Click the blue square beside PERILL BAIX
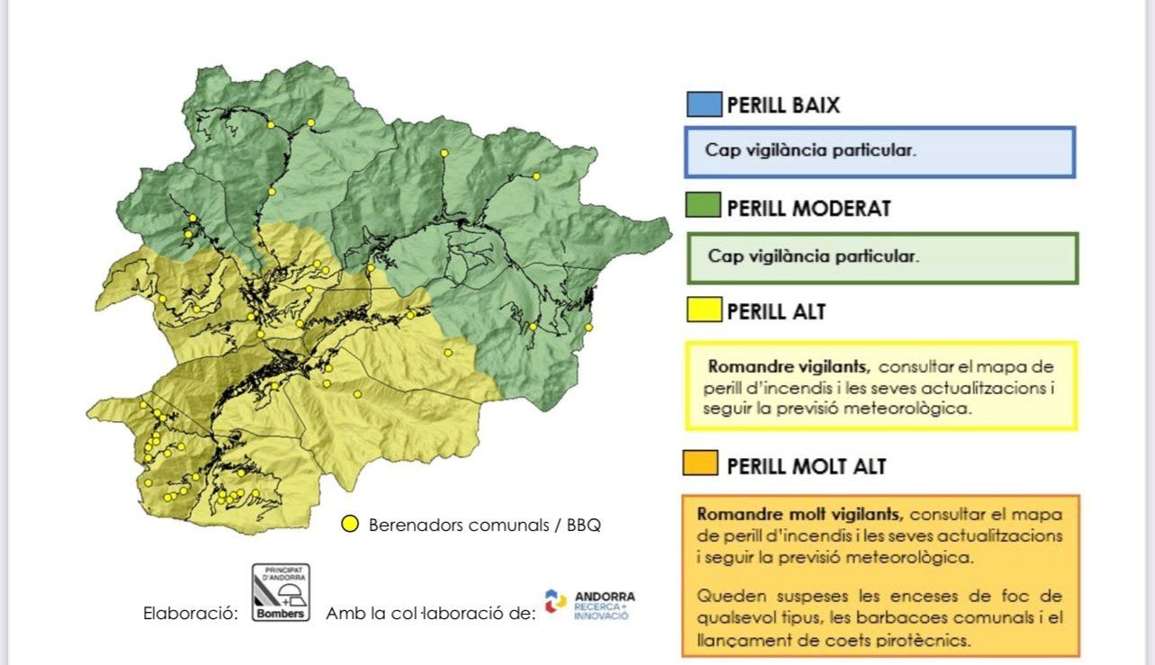(703, 104)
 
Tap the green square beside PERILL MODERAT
(703, 207)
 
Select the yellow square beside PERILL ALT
(703, 311)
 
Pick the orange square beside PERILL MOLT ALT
(701, 464)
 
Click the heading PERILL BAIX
(783, 105)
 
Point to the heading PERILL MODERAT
(808, 209)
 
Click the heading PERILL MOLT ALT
(806, 466)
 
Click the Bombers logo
(280, 592)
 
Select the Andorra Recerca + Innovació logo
(589, 606)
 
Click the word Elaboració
(191, 614)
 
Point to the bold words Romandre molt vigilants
(801, 515)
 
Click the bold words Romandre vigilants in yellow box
(788, 367)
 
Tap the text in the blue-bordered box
(810, 151)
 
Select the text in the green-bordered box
(813, 256)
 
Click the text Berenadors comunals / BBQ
(484, 525)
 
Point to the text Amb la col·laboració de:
(430, 614)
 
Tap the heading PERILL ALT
(775, 312)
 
